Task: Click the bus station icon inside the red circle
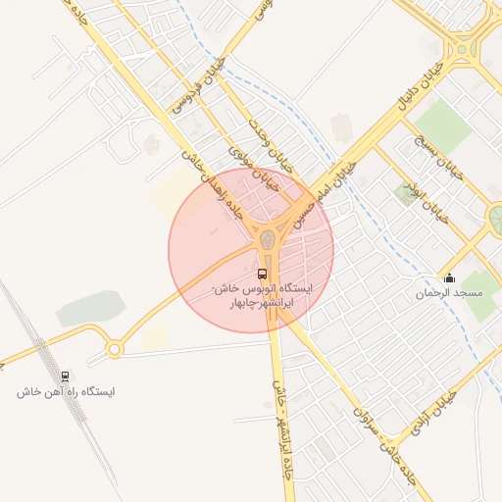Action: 262,274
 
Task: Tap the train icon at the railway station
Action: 66,376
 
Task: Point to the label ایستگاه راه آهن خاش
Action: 66,391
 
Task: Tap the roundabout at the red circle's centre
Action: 266,238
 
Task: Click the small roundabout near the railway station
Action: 115,348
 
